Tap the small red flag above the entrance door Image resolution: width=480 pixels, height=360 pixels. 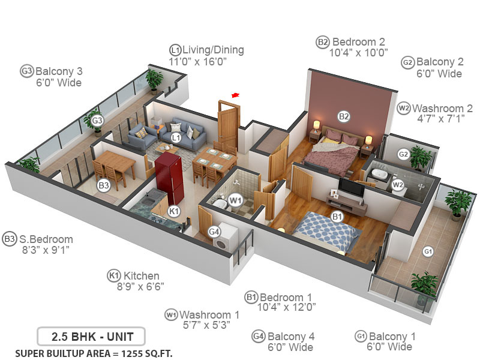coord(235,94)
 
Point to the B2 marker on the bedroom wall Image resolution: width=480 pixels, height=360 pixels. coord(343,116)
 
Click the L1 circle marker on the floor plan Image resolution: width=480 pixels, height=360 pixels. coord(176,138)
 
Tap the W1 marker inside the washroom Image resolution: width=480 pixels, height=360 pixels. coord(235,199)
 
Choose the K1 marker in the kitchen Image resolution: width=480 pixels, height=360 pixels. coord(173,211)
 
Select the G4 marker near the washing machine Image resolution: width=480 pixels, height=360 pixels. coord(214,232)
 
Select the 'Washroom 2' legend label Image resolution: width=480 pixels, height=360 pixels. coord(442,108)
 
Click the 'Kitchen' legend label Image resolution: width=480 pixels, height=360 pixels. coord(142,275)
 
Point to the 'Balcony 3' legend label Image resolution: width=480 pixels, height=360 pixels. coord(59,71)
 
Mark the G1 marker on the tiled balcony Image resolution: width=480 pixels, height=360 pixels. coord(428,251)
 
